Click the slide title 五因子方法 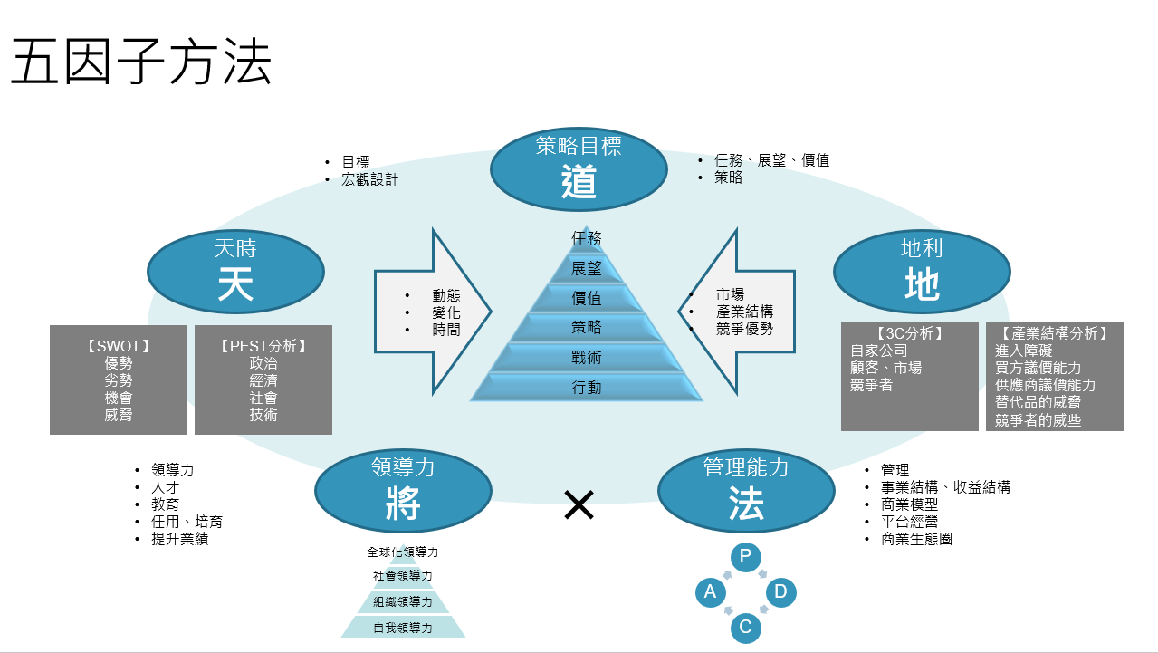point(141,63)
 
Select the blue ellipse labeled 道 point(579,168)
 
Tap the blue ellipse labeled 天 point(235,270)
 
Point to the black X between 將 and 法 point(579,505)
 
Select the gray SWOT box point(119,379)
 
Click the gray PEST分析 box point(263,379)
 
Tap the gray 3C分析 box point(910,376)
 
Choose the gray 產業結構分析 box point(1055,376)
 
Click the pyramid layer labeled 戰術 point(587,358)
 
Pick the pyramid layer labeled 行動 point(587,388)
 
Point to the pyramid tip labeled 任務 point(587,238)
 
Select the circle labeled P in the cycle point(745,556)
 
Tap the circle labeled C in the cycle point(745,627)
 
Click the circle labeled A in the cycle point(711,592)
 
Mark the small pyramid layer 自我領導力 point(403,627)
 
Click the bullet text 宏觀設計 point(369,179)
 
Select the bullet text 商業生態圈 point(916,539)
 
